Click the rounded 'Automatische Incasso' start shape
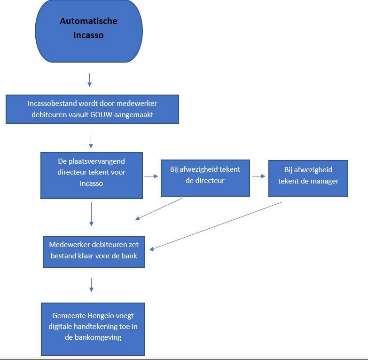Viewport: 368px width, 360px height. (89, 31)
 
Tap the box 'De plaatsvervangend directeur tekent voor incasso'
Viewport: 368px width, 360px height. (92, 175)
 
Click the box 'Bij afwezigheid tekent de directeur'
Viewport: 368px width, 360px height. (205, 177)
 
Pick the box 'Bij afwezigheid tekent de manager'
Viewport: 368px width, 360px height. (308, 178)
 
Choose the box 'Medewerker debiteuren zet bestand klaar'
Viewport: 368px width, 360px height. (94, 252)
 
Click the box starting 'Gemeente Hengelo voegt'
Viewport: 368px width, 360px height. (93, 328)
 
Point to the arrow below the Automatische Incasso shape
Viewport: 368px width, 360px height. (89, 80)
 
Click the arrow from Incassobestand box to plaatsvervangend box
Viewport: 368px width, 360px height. (91, 141)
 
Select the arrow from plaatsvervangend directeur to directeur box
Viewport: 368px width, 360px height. (151, 176)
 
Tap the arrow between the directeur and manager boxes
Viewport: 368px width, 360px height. (258, 176)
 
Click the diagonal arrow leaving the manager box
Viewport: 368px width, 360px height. (216, 226)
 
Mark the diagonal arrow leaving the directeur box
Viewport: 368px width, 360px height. (159, 208)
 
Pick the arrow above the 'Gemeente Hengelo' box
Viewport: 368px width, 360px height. (91, 285)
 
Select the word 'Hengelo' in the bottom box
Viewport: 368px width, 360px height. (103, 315)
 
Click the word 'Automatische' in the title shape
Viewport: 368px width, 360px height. (88, 21)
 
